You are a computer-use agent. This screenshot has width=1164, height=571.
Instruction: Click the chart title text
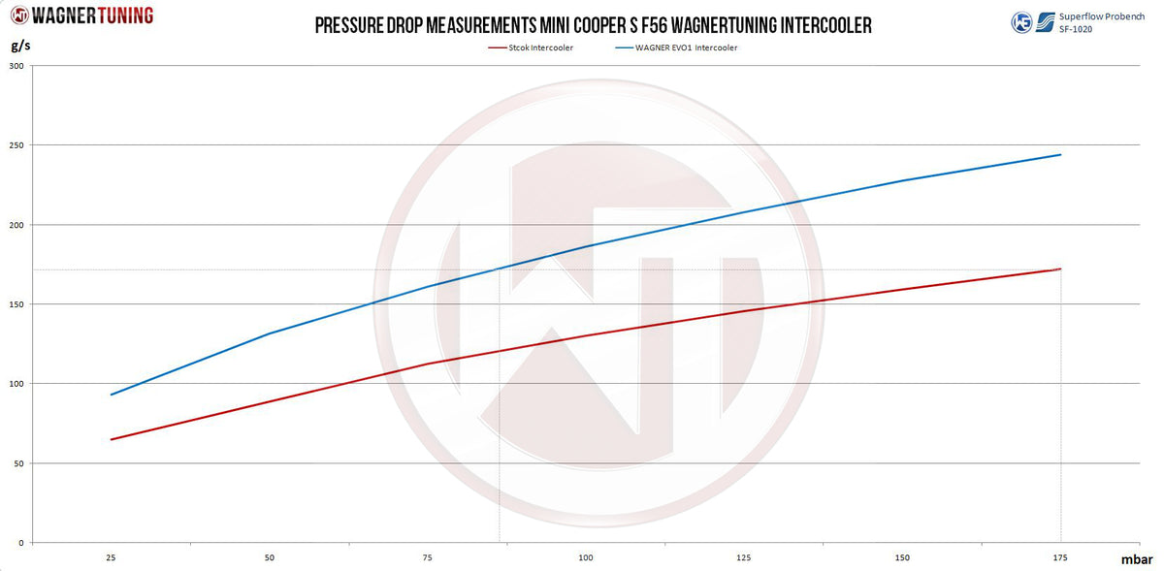click(593, 25)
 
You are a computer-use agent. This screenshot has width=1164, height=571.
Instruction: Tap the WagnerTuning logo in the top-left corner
click(81, 16)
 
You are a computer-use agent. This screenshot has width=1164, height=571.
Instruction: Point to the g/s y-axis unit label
click(18, 46)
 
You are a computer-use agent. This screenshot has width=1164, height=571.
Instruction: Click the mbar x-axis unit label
click(1137, 559)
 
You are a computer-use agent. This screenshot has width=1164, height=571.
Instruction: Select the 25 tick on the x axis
click(112, 558)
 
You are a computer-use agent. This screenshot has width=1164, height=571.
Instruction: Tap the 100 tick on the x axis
click(586, 558)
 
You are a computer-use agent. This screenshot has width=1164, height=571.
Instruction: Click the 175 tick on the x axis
click(1060, 558)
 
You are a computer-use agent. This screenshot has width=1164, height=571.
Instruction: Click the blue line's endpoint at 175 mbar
click(1060, 155)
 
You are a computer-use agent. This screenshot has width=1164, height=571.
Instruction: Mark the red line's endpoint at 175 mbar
click(1060, 270)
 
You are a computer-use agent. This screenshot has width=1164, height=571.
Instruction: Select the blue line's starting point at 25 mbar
click(112, 395)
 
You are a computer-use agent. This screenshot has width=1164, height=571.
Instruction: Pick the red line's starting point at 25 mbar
click(112, 439)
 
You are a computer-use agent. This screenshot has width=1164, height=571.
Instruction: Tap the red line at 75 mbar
click(428, 364)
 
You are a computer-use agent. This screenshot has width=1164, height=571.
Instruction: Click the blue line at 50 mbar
click(270, 333)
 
